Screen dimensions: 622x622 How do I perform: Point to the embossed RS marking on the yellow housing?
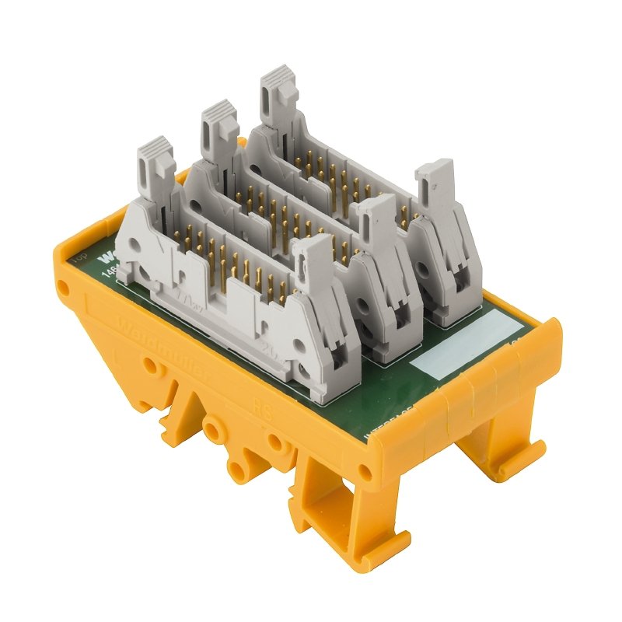262,409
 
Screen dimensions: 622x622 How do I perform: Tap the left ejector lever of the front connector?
155,167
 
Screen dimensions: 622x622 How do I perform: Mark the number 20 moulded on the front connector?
272,347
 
